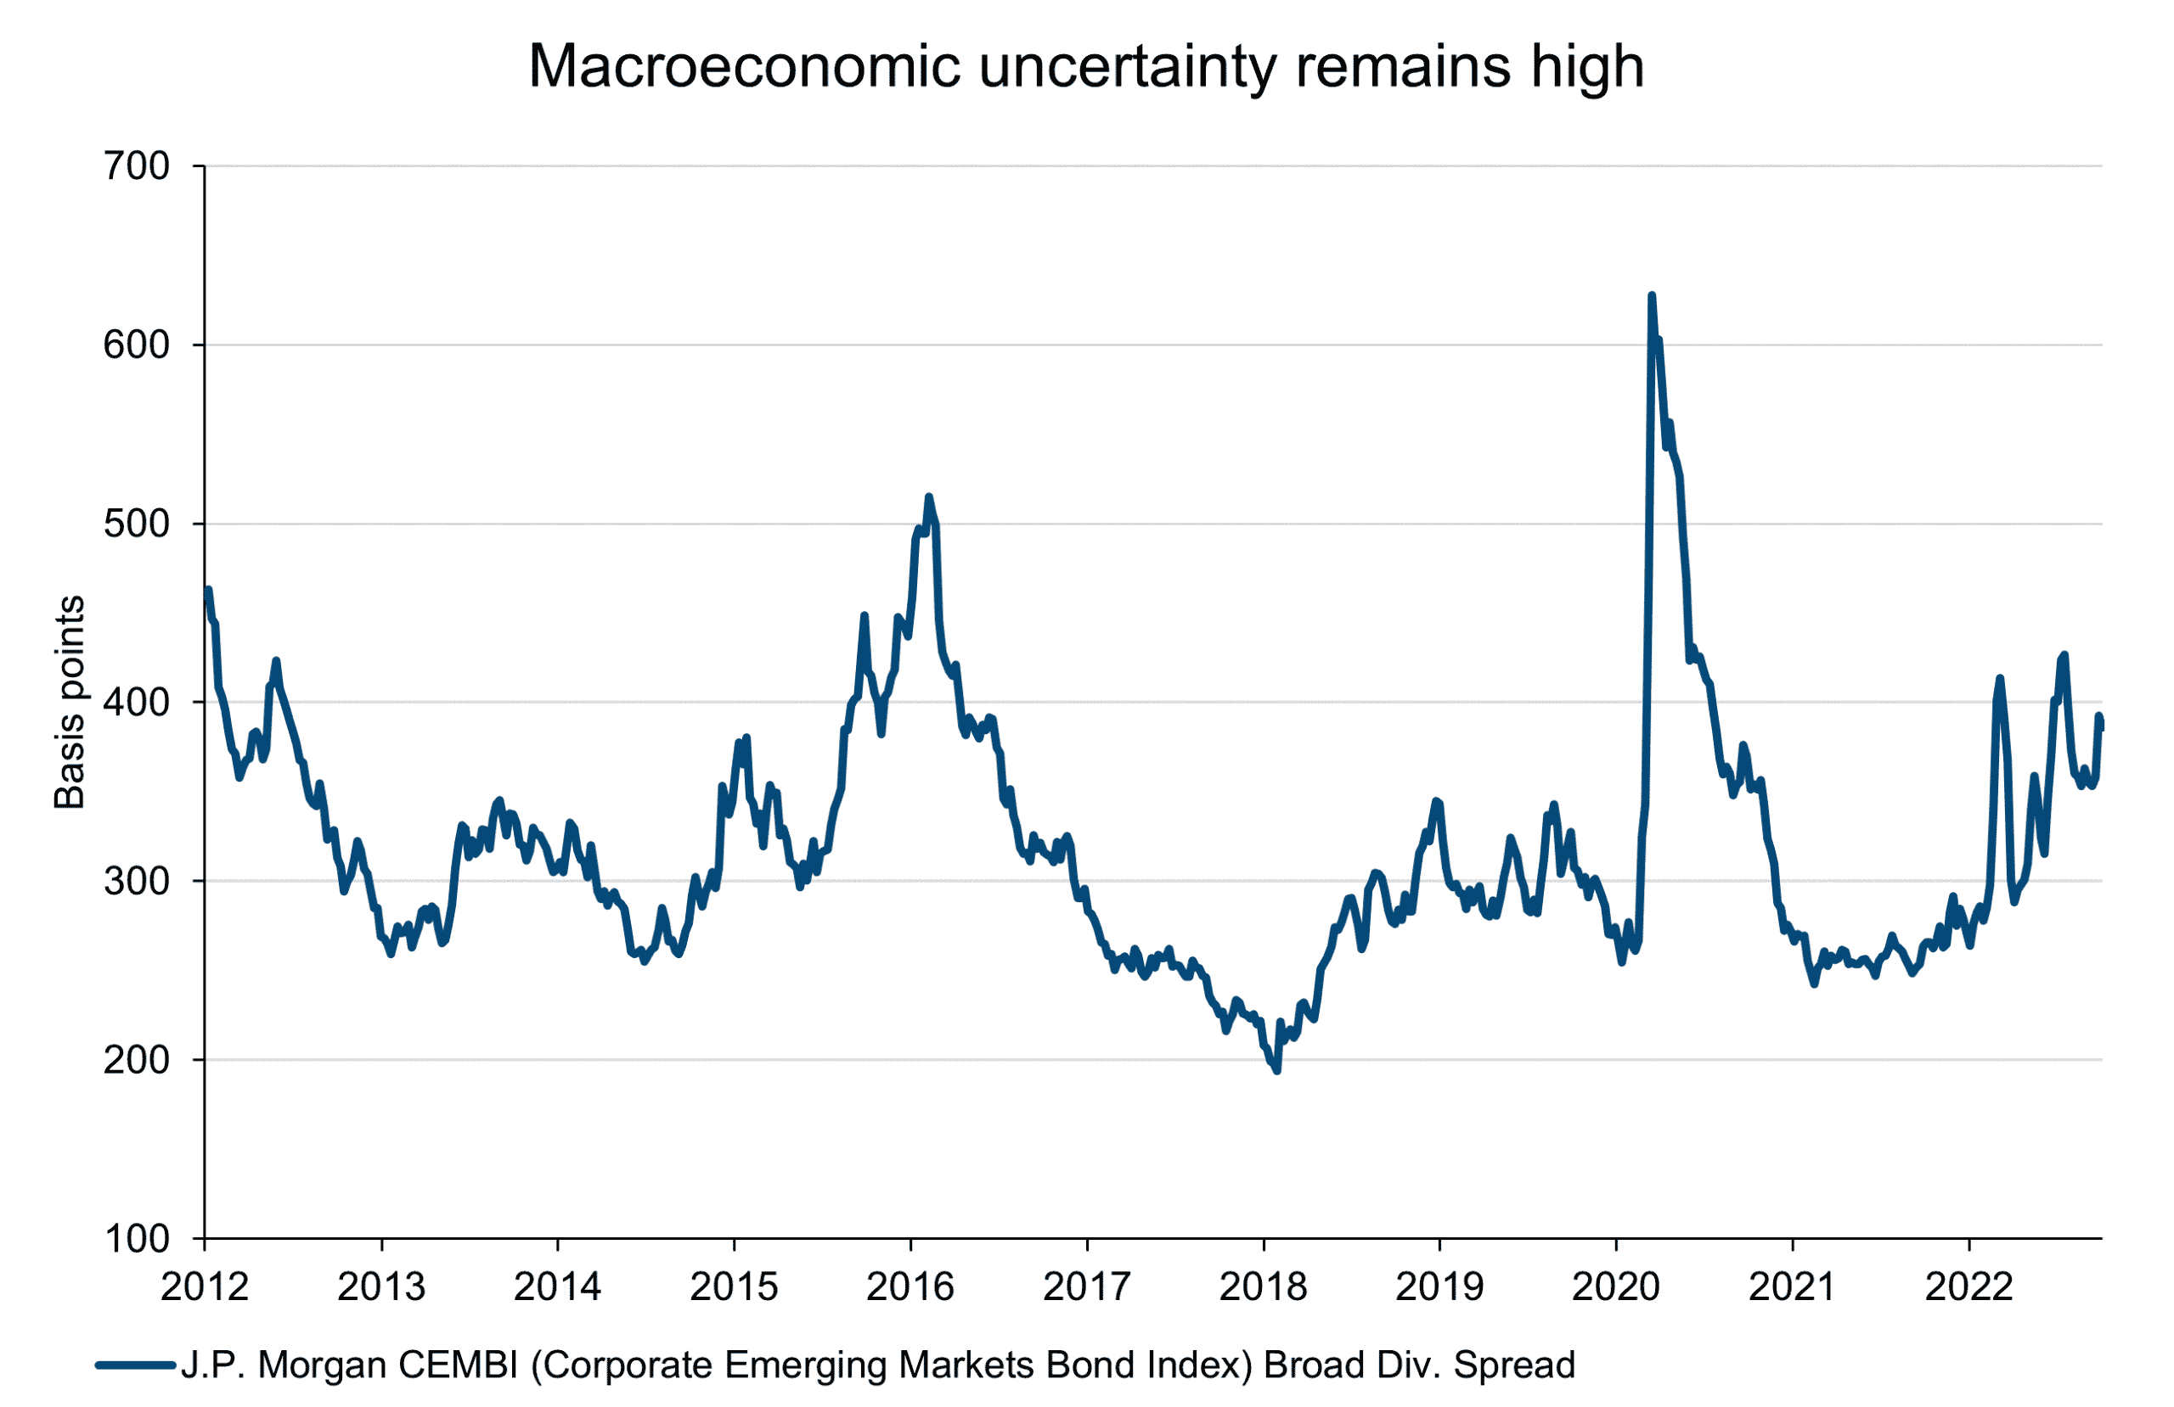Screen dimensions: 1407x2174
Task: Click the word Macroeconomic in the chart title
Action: pyautogui.click(x=745, y=67)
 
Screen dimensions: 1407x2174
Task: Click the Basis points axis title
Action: pyautogui.click(x=70, y=702)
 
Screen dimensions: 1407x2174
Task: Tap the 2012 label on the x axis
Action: pyautogui.click(x=205, y=1287)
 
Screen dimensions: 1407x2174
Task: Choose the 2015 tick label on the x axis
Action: pyautogui.click(x=734, y=1287)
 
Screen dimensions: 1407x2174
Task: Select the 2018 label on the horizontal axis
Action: pyautogui.click(x=1264, y=1287)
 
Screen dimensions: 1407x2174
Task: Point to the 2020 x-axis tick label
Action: pyautogui.click(x=1616, y=1287)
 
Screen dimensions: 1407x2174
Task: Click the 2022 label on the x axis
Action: pyautogui.click(x=1968, y=1287)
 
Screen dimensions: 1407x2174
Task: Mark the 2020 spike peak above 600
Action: pyautogui.click(x=1652, y=296)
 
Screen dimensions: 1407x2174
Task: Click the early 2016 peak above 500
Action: pyautogui.click(x=929, y=496)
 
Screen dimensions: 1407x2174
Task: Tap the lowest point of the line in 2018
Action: pyautogui.click(x=1277, y=1071)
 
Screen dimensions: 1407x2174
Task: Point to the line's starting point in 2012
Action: pyautogui.click(x=208, y=590)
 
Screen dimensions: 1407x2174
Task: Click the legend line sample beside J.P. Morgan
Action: pyautogui.click(x=135, y=1366)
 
